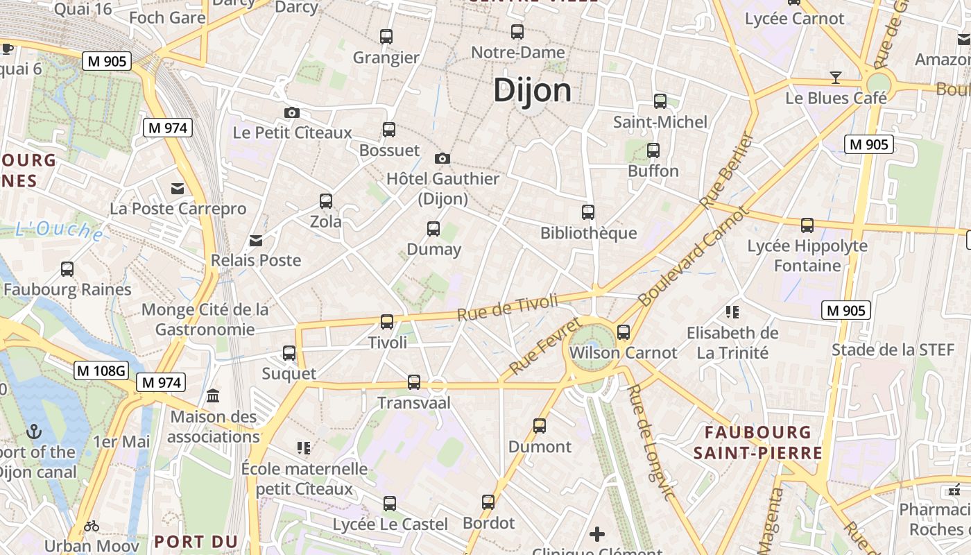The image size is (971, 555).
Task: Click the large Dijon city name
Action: tap(532, 91)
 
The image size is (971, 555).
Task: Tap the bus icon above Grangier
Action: tap(386, 36)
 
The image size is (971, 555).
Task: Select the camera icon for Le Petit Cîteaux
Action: tap(292, 112)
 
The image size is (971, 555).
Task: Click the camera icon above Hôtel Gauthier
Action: tap(442, 158)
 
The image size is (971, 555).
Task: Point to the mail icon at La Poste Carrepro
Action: tap(178, 188)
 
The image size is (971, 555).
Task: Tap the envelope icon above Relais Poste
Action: tap(256, 240)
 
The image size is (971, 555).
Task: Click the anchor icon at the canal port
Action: tap(34, 432)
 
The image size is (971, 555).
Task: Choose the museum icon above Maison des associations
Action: tap(213, 396)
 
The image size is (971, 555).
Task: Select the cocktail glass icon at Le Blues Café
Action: tap(836, 77)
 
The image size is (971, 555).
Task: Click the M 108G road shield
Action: tap(101, 371)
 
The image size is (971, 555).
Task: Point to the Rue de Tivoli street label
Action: tap(508, 308)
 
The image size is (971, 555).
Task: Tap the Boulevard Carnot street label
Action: tap(694, 256)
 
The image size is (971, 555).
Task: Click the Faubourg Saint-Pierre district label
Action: tap(757, 443)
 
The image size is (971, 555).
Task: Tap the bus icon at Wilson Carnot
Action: tap(624, 332)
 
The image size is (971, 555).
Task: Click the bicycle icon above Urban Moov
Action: tap(92, 526)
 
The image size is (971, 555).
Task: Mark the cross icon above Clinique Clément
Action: tap(597, 533)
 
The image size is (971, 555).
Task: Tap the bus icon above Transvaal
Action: tap(414, 382)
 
